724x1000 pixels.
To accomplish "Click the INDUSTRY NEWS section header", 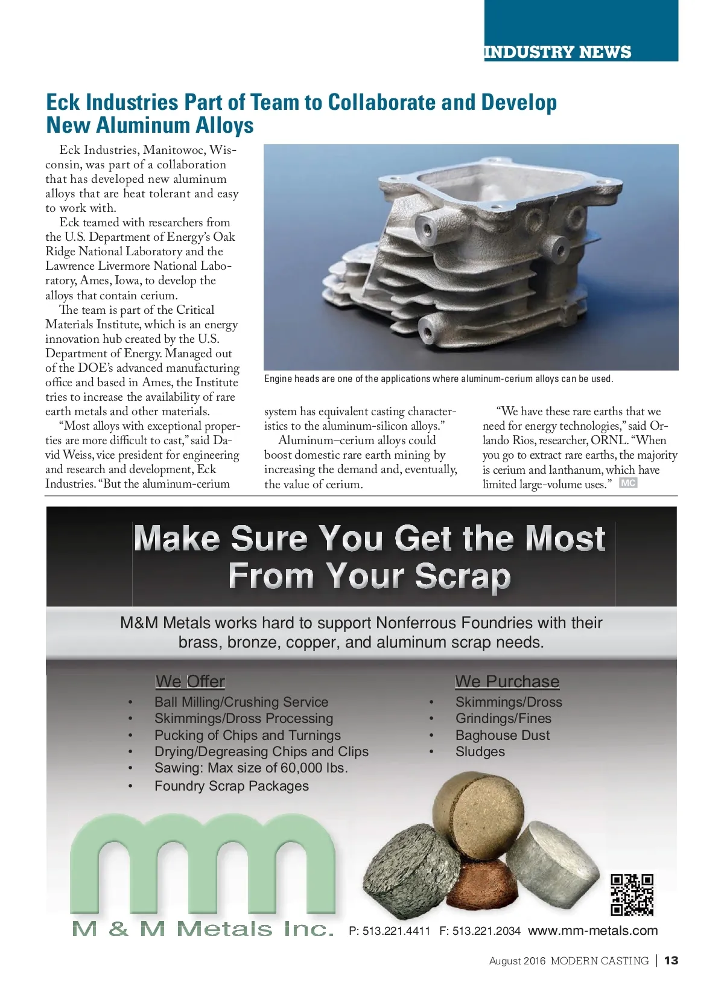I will (x=557, y=52).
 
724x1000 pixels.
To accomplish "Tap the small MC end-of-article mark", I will (x=628, y=483).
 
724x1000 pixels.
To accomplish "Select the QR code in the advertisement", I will (x=632, y=894).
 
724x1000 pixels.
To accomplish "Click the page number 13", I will (x=671, y=960).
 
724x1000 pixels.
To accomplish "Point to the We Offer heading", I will (x=189, y=681).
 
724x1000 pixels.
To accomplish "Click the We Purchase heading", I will (x=507, y=681).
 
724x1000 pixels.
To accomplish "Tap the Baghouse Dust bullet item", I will (x=503, y=735).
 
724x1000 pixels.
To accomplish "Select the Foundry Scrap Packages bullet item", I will (x=232, y=786).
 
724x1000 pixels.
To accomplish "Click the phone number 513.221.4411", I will (x=396, y=931).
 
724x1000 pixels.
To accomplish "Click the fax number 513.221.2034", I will (x=486, y=931).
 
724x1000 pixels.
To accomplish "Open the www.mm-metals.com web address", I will (x=592, y=931).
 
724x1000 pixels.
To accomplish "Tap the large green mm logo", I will (x=203, y=863).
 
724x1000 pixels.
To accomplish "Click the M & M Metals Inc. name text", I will (x=203, y=929).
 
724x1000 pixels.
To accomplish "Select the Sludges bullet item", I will (x=480, y=752).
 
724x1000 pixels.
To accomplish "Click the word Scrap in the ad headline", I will (x=462, y=576).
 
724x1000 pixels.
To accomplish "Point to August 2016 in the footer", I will (x=517, y=961).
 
